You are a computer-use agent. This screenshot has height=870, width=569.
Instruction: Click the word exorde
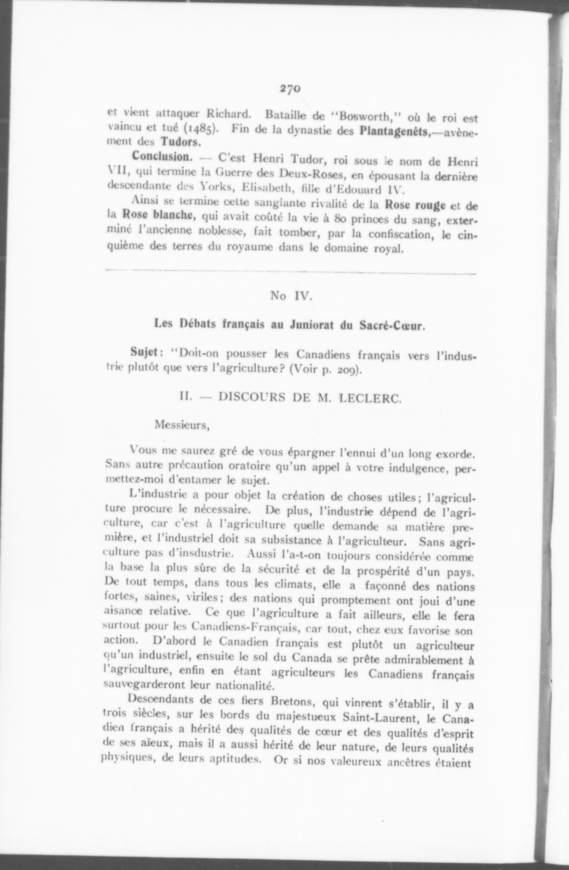[455, 452]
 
